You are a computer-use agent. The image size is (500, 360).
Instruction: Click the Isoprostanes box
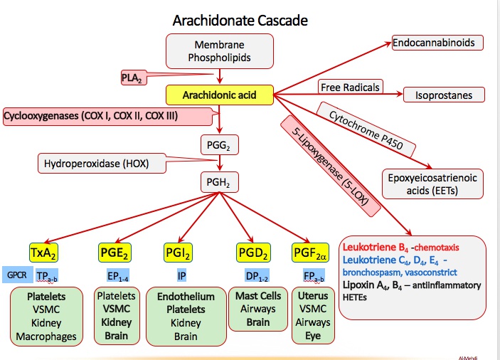(444, 94)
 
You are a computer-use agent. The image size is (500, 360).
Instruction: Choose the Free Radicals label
(350, 86)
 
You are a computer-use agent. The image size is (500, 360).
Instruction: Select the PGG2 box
(220, 146)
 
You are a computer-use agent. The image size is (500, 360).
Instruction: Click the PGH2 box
(220, 183)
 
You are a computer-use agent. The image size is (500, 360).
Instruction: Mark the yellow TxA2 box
(42, 252)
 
